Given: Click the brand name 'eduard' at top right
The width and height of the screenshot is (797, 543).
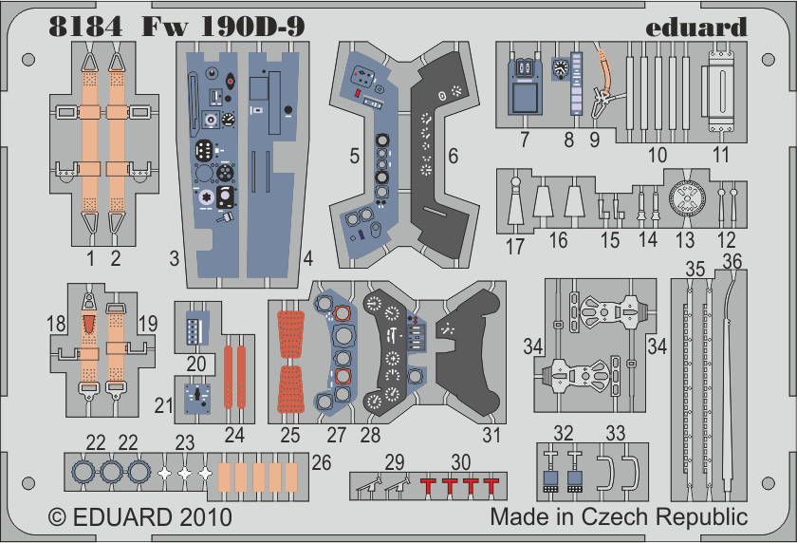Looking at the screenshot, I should [696, 27].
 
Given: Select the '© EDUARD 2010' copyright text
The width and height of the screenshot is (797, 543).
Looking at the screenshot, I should [139, 518].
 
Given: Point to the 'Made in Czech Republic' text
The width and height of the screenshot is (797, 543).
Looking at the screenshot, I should [619, 518].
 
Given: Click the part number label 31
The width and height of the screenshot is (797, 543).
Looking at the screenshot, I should [491, 436].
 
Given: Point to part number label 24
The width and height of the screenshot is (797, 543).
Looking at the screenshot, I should [234, 436].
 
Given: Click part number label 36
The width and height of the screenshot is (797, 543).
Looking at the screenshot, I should [732, 261].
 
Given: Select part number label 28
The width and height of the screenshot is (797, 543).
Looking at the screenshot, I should [369, 436].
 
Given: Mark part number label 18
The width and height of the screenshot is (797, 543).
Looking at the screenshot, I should [55, 324].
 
